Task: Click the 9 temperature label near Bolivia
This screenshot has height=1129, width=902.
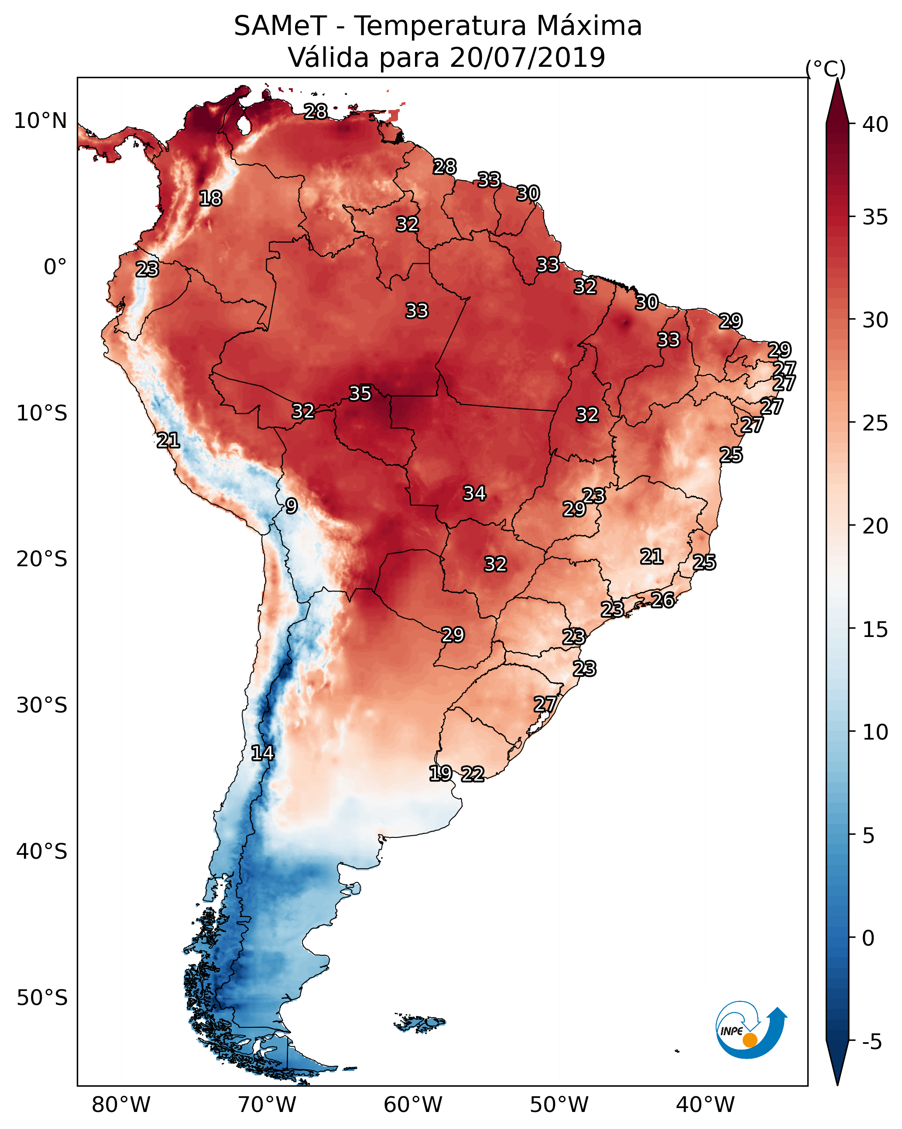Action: coord(291,506)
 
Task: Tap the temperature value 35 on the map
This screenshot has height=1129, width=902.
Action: coord(360,393)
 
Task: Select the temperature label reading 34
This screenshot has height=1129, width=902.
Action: coord(474,493)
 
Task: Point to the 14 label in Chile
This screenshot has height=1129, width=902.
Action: coord(262,753)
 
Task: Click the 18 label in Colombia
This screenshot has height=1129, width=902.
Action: coord(210,199)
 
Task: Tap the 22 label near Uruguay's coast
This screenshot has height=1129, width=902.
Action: coord(472,774)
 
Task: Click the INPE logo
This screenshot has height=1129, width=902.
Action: coord(750,1031)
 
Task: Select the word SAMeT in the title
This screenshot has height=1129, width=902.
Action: coord(280,26)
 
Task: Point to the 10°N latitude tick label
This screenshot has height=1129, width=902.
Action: coord(40,121)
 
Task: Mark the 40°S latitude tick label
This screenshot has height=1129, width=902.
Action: coord(42,851)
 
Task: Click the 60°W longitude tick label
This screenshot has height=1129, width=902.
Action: coord(413,1105)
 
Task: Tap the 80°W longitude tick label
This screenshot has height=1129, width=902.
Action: coord(121,1105)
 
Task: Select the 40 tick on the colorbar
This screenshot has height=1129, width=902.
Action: coord(875,124)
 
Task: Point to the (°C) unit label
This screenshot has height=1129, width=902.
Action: coord(825,69)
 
